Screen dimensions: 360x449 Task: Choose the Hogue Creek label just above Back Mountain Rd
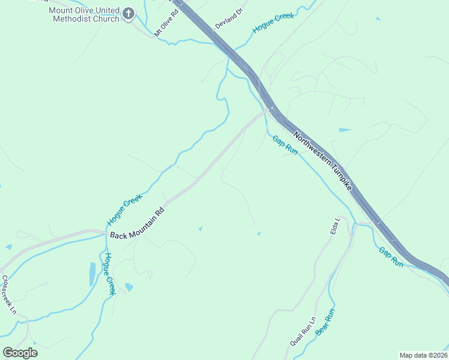click(x=125, y=209)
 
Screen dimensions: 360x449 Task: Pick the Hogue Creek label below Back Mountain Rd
click(x=109, y=274)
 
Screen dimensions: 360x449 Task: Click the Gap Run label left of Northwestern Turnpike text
click(x=285, y=145)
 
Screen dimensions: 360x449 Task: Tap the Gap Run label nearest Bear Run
click(x=391, y=257)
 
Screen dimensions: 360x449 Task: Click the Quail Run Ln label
click(x=302, y=331)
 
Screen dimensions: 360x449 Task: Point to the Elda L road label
click(x=335, y=227)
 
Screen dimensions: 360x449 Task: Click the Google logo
click(x=20, y=353)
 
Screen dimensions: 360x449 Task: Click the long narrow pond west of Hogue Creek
click(x=92, y=274)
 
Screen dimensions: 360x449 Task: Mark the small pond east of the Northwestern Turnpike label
click(x=345, y=130)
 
